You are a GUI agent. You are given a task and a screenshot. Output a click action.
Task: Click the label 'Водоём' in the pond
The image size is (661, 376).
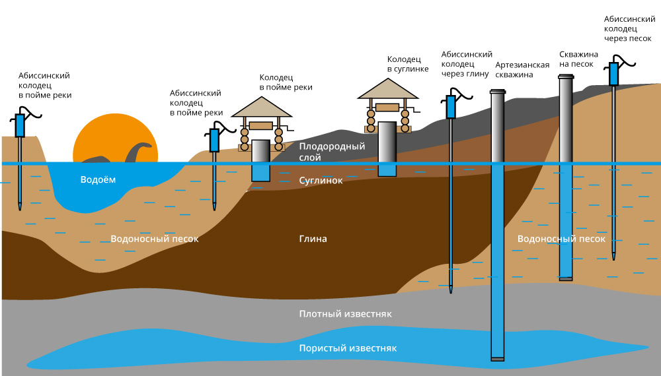point(98,180)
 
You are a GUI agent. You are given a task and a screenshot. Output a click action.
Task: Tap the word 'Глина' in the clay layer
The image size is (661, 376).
point(313,239)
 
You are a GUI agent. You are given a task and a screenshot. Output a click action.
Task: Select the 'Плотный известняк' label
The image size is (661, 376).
point(345,314)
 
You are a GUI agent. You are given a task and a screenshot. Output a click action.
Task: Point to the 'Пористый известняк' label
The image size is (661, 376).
point(347,348)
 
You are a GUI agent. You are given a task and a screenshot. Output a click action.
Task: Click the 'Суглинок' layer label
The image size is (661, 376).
point(321,180)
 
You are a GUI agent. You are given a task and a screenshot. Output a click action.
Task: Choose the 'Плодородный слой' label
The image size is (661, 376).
point(332,152)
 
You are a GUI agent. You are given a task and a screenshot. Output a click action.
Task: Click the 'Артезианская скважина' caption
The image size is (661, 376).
point(522,70)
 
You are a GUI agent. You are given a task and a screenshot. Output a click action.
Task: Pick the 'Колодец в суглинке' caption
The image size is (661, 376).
point(408,63)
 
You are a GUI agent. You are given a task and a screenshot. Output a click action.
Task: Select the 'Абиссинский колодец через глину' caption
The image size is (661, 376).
point(467,64)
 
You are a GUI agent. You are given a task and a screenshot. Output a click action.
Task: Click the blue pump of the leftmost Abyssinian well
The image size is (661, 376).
point(20,125)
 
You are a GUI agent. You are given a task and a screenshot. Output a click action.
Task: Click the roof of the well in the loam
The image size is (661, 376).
point(388,89)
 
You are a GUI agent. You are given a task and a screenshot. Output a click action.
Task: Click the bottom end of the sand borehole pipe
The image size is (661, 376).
point(565,278)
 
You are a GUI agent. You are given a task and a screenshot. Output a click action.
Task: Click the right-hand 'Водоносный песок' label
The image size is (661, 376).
point(561,239)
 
